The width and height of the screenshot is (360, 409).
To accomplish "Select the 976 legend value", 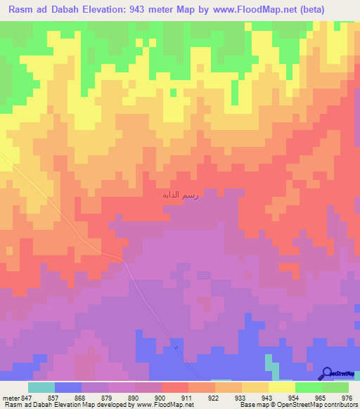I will [346, 397].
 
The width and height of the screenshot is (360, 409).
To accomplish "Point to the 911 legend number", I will [188, 397].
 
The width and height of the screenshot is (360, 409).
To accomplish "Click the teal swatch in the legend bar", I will [41, 387].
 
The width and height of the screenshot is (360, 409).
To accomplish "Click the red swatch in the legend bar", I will [175, 387].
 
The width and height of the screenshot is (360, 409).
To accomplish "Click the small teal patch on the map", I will [269, 362].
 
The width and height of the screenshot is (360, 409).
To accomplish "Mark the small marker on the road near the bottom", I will [176, 346].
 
